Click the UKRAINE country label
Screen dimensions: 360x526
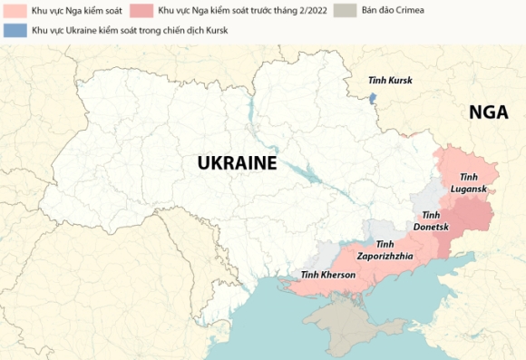(237, 163)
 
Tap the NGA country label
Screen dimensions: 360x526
(488, 112)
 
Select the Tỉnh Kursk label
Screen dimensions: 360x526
(390, 81)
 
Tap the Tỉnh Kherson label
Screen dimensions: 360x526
(328, 275)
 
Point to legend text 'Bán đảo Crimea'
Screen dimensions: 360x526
(392, 11)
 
